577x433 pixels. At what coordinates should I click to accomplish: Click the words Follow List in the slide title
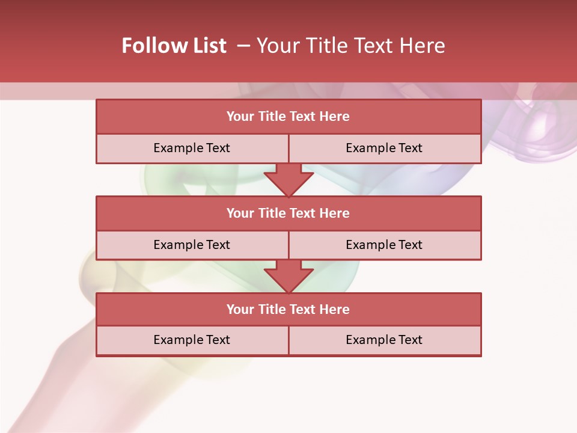coord(174,46)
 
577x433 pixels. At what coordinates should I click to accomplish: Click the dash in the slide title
coord(243,46)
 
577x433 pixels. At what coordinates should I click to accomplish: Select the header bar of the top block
coord(288,117)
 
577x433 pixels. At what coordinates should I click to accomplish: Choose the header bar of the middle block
coord(288,213)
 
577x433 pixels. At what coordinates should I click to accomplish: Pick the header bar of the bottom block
coord(288,309)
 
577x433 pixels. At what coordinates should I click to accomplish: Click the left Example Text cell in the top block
coord(192,148)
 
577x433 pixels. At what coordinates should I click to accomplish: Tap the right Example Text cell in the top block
coord(384,148)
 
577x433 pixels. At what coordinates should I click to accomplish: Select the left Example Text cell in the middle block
coord(192,245)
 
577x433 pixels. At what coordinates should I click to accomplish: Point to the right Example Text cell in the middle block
coord(384,245)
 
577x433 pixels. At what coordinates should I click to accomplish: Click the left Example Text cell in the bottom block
coord(192,340)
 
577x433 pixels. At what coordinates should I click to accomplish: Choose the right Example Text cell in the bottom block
coord(384,340)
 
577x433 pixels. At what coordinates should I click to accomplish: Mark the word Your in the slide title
coord(275,46)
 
